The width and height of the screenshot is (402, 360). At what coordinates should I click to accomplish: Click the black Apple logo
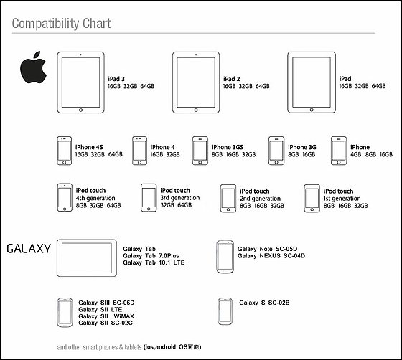[x=33, y=67]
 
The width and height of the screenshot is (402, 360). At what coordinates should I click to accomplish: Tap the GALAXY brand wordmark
[x=29, y=249]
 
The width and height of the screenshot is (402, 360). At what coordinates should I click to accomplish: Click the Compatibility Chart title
[x=61, y=24]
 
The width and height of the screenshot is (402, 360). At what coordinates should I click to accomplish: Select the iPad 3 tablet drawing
[x=80, y=82]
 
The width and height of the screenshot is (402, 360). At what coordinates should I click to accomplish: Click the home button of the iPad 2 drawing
[x=196, y=110]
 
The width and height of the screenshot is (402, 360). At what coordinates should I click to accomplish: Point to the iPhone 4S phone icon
[x=65, y=151]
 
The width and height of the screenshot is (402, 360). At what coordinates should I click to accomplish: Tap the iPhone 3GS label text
[x=228, y=147]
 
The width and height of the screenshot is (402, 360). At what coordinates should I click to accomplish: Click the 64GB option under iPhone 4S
[x=116, y=154]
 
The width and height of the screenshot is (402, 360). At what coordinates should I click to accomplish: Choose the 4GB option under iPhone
[x=356, y=154]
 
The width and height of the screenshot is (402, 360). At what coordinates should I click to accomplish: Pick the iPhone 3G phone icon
[x=276, y=151]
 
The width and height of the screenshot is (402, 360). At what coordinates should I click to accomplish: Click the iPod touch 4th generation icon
[x=65, y=197]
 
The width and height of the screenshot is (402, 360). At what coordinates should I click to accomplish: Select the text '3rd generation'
[x=180, y=198]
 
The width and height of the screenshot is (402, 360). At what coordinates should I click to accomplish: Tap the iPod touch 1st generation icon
[x=312, y=199]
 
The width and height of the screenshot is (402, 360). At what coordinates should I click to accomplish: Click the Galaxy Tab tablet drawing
[x=87, y=258]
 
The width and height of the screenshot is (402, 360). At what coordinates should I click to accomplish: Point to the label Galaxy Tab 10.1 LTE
[x=154, y=262]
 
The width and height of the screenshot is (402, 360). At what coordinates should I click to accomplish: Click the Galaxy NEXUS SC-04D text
[x=271, y=256]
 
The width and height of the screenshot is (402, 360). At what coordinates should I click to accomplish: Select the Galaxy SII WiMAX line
[x=106, y=316]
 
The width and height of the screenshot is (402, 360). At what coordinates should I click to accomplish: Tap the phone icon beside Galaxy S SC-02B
[x=225, y=311]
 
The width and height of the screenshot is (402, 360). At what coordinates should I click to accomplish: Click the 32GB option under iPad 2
[x=246, y=86]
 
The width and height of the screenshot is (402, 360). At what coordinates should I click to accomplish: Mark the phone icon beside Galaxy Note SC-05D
[x=225, y=257]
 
